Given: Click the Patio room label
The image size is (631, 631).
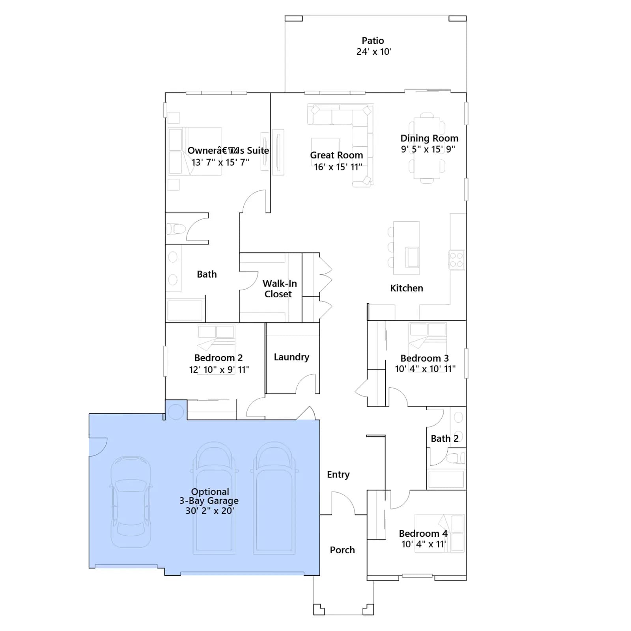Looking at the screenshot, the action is point(373,41).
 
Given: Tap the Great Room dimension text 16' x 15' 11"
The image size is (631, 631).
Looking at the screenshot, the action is point(338,167).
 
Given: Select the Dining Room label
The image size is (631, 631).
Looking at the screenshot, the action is point(429,138).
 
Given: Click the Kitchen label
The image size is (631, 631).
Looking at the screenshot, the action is point(407,288).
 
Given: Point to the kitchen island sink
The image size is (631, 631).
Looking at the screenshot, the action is point(412,257).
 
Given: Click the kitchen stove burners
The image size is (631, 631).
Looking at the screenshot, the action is point(457,260).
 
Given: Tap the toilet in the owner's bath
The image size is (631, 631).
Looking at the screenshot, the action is point(176,229).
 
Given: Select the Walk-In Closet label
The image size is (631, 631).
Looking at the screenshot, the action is point(280,289).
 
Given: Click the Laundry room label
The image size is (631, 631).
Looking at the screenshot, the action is point(291,357).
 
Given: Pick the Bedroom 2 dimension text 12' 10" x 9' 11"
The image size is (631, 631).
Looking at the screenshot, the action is point(219,370).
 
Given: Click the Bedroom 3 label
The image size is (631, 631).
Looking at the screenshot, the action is point(424,358).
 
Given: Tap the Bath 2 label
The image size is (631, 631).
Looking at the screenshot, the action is point(444,439).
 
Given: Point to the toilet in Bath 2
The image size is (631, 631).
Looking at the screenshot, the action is point(456,458).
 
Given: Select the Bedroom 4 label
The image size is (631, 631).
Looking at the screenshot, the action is point(423,534).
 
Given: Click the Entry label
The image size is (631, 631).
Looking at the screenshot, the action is point(338,474).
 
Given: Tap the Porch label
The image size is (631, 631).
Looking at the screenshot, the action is point(342,550).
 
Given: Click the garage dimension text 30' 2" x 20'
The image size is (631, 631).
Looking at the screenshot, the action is point(210,511).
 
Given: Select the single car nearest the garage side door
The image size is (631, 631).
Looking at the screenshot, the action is point(131,502).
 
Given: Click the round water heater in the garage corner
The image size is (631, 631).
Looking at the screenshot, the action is point(175,412).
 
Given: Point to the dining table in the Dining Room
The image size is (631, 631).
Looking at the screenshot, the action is point(427,148).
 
